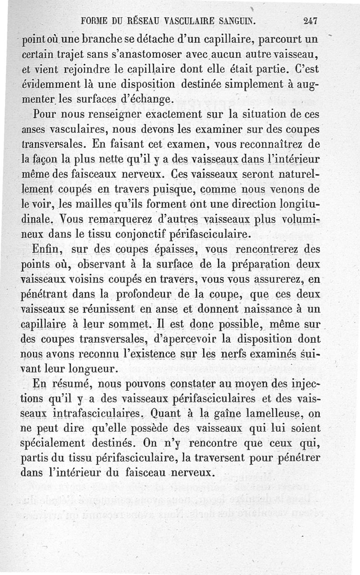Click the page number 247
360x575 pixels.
[310, 21]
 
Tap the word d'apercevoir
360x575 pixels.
[193, 339]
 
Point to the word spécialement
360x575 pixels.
[58, 444]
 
